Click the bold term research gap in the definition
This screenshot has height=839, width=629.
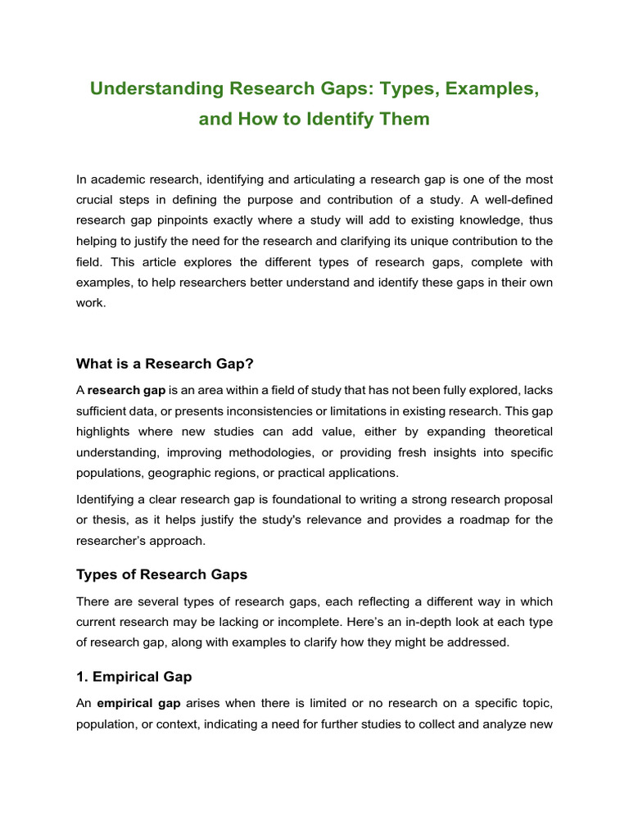pos(125,390)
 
